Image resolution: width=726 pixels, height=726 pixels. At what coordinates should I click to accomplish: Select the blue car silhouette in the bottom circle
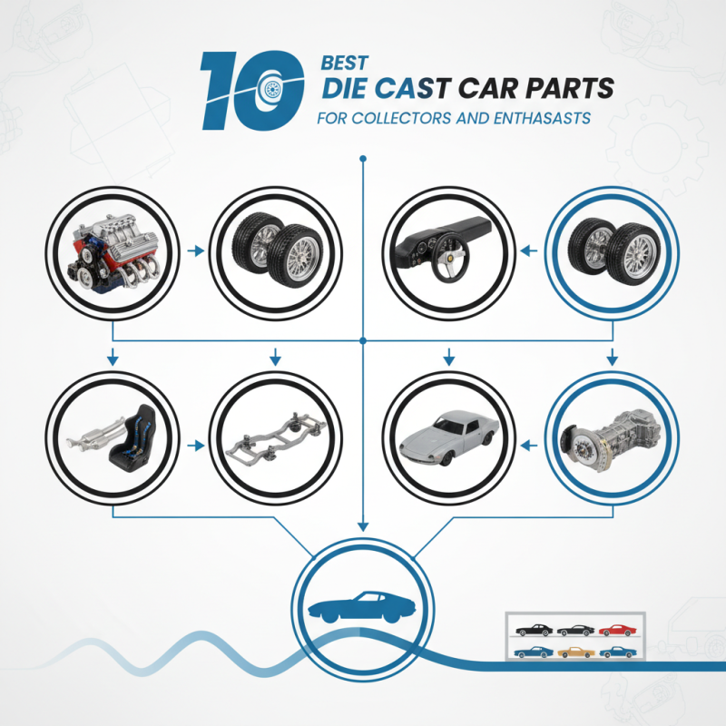pos(360,603)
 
